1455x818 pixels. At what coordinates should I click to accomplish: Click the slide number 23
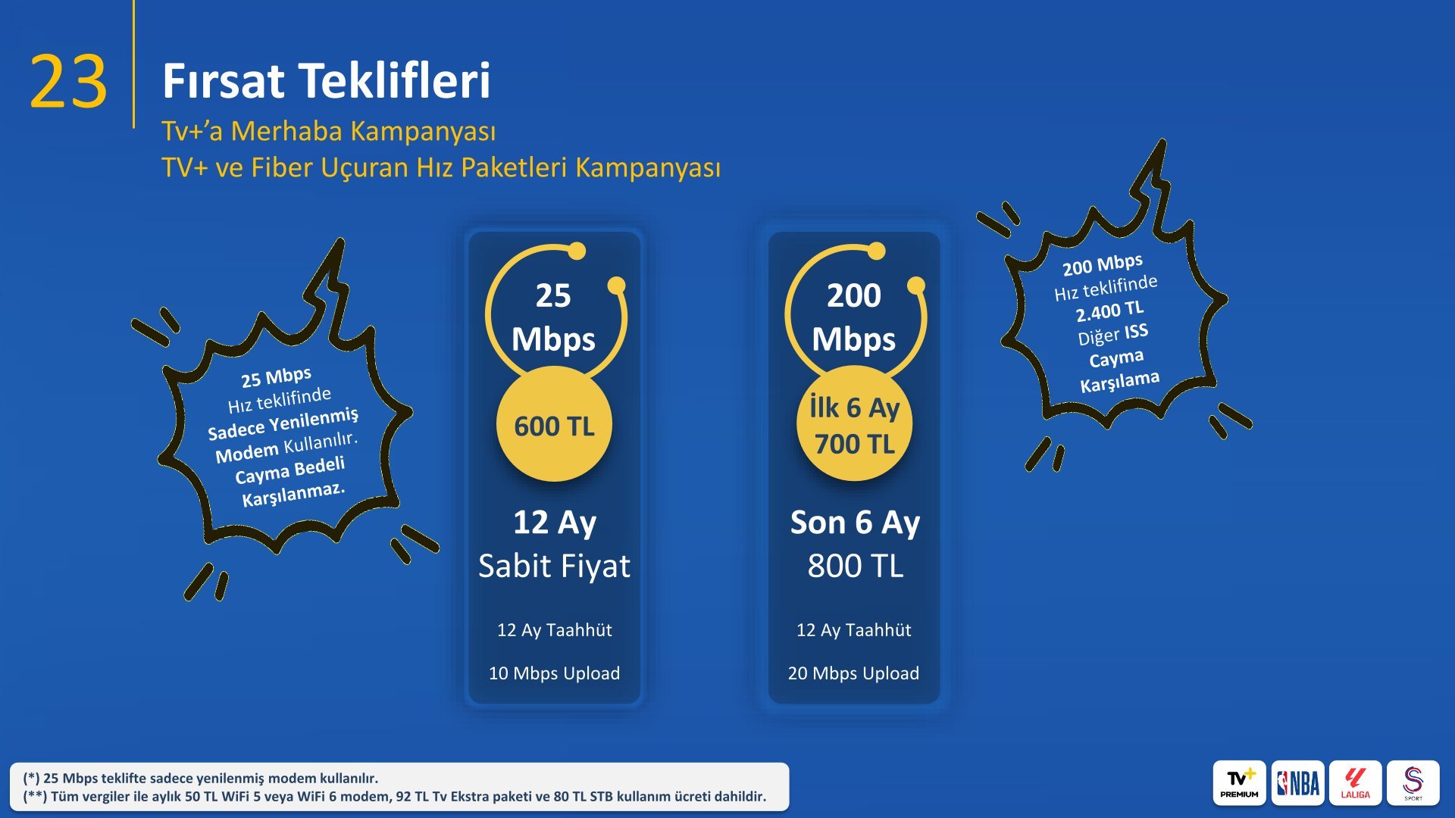[x=68, y=82]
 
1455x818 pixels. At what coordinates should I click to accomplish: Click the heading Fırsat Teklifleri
[x=327, y=81]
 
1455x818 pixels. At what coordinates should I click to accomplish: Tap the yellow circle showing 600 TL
[x=554, y=424]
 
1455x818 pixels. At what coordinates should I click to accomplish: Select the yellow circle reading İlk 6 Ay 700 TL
[x=854, y=424]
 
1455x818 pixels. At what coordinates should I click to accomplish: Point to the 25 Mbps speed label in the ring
[x=553, y=317]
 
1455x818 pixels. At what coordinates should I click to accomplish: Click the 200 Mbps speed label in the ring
[x=854, y=317]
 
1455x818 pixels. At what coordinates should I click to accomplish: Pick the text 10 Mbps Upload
[x=554, y=673]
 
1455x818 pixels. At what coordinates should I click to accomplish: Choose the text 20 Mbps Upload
[x=853, y=673]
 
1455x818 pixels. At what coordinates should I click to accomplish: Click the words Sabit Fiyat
[x=554, y=567]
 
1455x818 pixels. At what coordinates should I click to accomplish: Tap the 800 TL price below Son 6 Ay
[x=856, y=567]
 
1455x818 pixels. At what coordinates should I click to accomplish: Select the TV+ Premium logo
[x=1240, y=783]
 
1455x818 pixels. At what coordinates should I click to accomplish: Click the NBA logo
[x=1297, y=783]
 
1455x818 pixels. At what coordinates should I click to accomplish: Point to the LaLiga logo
[x=1355, y=783]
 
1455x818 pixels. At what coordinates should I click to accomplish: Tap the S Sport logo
[x=1413, y=783]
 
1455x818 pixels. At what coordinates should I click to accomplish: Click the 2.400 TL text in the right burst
[x=1110, y=311]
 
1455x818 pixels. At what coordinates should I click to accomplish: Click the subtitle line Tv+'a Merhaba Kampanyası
[x=329, y=131]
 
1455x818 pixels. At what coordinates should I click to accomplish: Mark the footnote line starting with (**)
[x=395, y=797]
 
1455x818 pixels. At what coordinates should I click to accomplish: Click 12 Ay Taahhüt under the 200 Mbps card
[x=854, y=630]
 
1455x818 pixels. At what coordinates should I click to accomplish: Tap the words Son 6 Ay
[x=856, y=523]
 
